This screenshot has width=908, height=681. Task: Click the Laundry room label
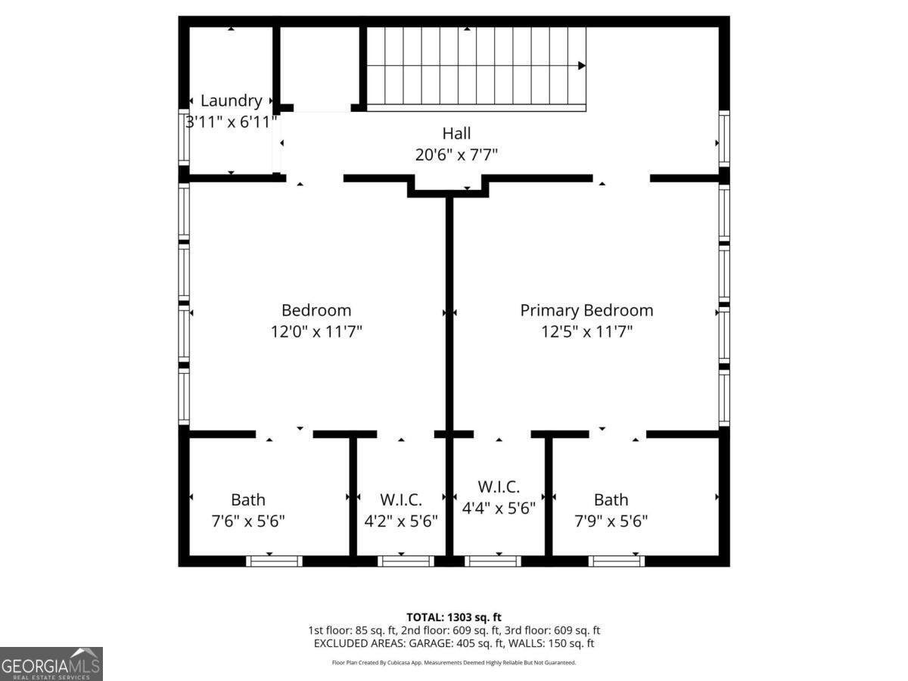coord(231,101)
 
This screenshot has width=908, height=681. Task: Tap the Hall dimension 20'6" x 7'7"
coord(456,154)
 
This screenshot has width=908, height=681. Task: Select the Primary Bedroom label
coord(586,310)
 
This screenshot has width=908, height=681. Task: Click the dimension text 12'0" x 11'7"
coord(316,331)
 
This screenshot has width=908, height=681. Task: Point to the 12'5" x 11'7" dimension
coord(586,331)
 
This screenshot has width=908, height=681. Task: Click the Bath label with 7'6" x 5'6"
coord(248,499)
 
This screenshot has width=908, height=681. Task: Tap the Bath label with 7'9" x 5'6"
coord(611,499)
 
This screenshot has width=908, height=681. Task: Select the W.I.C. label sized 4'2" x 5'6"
coord(400,499)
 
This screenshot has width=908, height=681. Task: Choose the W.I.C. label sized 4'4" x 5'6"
coord(499,487)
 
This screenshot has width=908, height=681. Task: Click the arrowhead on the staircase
coord(582,66)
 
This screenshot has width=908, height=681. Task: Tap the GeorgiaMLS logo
coord(51,664)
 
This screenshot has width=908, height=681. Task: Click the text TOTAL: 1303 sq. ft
coord(454,617)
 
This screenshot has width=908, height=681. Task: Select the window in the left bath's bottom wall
coord(274,561)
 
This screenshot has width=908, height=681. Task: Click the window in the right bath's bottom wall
coord(617,561)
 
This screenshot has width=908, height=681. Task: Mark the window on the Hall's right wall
coord(724,138)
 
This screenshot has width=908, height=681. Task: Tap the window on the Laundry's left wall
coord(183,137)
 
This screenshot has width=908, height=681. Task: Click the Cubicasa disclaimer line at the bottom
coord(454,662)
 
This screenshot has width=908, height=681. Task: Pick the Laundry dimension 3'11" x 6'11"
coord(232,121)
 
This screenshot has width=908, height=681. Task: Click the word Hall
coord(456,134)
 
